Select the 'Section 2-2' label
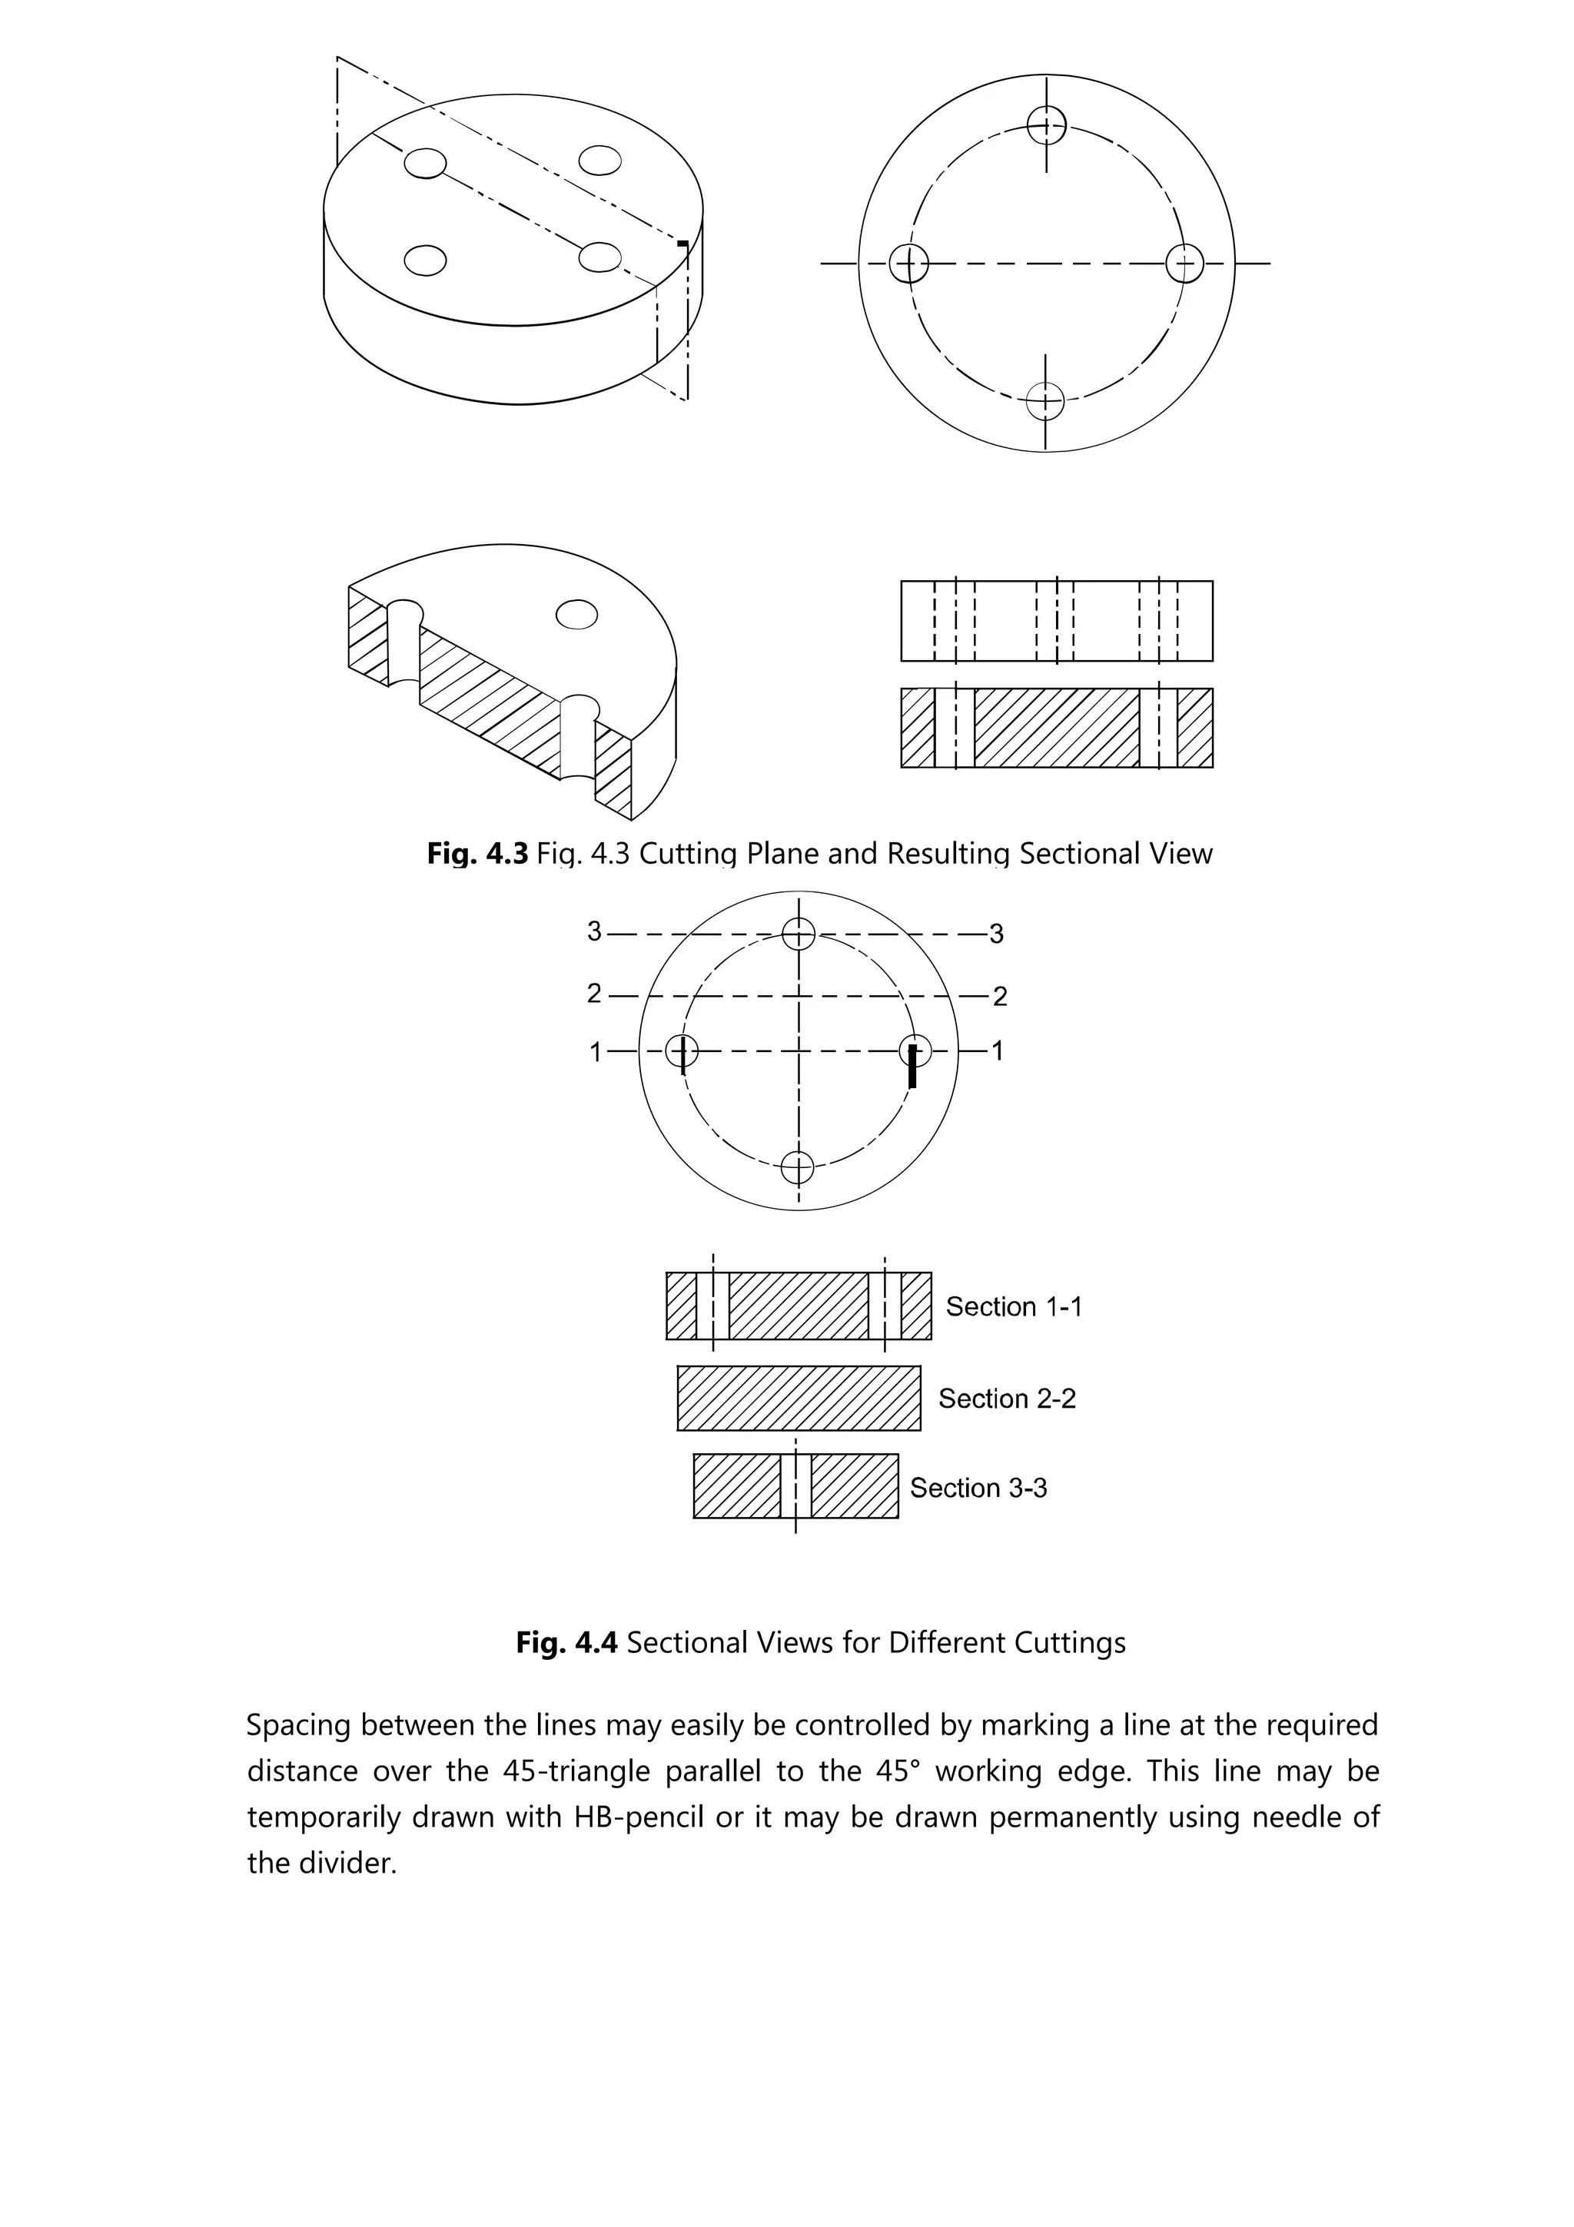click(1006, 1399)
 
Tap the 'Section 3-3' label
click(978, 1488)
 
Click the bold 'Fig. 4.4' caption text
click(566, 1642)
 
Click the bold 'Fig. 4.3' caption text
click(477, 854)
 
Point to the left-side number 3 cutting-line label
click(595, 932)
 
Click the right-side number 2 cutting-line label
click(1000, 996)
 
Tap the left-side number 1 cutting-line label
click(596, 1051)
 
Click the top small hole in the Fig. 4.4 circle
click(799, 933)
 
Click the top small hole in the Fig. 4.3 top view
click(1047, 124)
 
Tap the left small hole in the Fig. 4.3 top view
click(908, 263)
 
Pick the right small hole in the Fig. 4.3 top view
click(1184, 263)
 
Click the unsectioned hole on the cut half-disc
click(576, 615)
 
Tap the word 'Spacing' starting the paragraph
click(297, 1725)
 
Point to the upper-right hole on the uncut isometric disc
click(599, 160)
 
